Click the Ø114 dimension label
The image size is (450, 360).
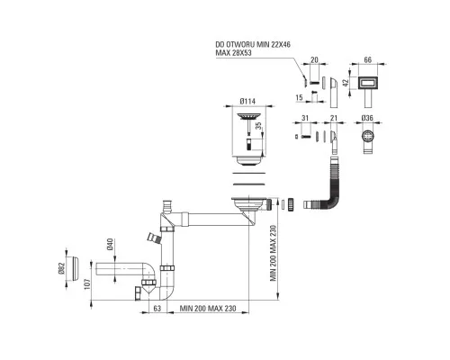click(247, 102)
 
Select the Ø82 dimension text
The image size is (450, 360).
click(61, 268)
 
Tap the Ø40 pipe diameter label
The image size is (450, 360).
click(110, 244)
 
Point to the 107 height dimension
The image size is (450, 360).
click(87, 283)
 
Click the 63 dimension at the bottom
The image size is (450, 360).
click(157, 308)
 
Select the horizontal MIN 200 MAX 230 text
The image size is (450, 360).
click(208, 308)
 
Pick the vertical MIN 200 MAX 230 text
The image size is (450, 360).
click(273, 254)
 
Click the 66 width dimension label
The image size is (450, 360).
click(367, 59)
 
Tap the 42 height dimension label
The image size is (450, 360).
click(346, 83)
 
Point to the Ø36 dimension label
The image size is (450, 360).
click(367, 118)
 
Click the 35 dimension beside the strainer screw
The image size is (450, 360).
click(258, 126)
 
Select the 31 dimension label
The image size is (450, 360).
click(305, 118)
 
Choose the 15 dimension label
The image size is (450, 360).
click(299, 98)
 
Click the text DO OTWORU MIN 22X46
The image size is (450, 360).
click(253, 45)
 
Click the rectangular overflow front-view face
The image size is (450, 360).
click(368, 83)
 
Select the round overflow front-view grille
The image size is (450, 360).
click(368, 137)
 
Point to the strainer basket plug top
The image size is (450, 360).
click(247, 116)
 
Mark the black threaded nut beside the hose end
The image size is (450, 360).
click(291, 205)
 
